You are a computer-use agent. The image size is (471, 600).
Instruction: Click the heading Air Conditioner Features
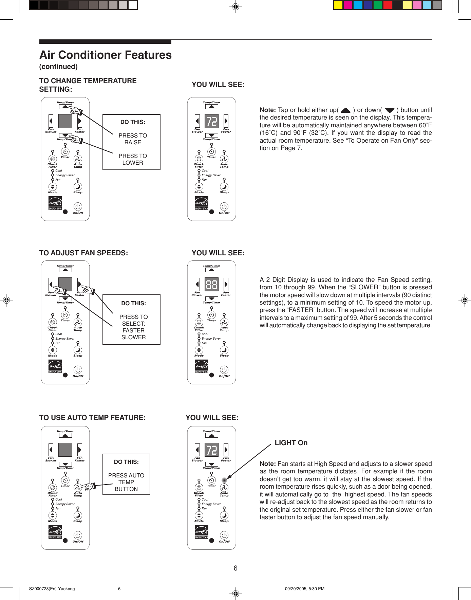point(106,55)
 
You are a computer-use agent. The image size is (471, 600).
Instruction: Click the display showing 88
point(211,285)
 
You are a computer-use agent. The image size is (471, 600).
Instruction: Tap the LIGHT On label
point(291,443)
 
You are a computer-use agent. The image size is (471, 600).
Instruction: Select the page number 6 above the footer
point(235,568)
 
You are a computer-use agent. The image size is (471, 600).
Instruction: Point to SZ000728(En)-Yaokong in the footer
point(52,589)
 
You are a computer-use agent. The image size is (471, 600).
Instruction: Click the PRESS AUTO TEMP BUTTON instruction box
point(126,474)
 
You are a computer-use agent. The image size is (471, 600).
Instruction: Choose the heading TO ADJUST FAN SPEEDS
point(83,253)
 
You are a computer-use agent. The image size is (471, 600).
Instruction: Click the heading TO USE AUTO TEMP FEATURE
point(92,418)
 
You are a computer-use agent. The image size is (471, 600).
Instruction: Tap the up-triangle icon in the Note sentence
point(345,110)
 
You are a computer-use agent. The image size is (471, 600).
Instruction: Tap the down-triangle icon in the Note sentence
point(390,110)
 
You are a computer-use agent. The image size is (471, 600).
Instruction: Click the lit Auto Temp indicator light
point(224,480)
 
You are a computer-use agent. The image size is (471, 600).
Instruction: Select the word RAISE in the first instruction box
point(133,143)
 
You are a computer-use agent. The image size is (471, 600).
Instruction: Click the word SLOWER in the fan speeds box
point(133,337)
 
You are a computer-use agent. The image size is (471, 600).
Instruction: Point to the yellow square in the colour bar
point(338,5)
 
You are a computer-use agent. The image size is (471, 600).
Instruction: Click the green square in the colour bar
point(378,5)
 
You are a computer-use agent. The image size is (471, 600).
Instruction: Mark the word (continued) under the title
point(58,67)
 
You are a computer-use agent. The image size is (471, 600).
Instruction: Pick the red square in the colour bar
point(388,5)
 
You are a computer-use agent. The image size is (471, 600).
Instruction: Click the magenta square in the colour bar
point(348,5)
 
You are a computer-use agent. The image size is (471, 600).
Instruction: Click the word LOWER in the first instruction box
point(133,163)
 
